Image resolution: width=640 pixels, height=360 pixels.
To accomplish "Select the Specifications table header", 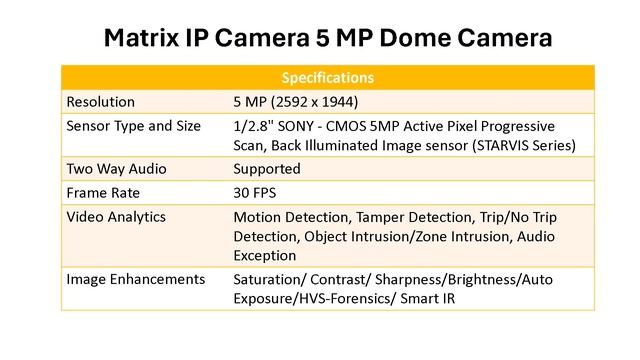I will tap(328, 77).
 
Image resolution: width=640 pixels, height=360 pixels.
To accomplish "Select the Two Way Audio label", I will tap(114, 168).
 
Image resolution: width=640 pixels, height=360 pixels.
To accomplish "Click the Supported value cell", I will tap(266, 168).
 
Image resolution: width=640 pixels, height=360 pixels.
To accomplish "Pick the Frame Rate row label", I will tap(103, 192).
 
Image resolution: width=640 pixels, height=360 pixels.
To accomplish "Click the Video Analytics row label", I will tap(116, 216).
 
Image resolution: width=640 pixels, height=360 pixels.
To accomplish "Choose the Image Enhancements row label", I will tap(135, 279).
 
